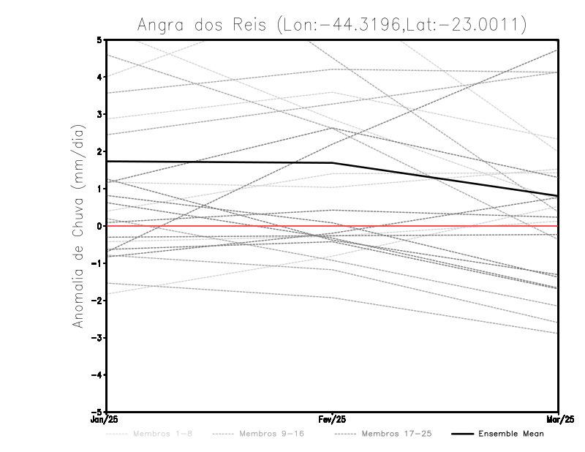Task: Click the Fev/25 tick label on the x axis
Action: [332, 420]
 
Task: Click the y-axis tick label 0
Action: [99, 226]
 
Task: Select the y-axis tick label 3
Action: [99, 114]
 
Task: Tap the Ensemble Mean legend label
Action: [510, 434]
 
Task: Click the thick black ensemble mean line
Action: [219, 162]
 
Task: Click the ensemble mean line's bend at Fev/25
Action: [333, 163]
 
